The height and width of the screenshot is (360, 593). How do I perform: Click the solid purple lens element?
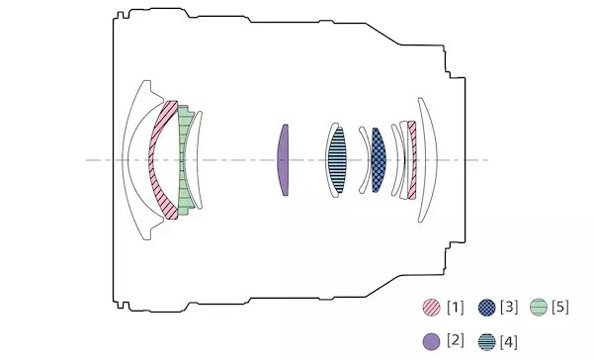point(283,160)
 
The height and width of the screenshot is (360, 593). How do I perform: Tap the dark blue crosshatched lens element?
point(379,160)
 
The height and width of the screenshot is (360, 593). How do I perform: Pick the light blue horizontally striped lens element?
point(337,160)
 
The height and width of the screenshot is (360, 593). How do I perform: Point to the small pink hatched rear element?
point(412,160)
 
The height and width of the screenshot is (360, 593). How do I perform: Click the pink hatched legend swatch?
point(432,307)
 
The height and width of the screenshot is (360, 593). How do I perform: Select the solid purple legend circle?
point(432,342)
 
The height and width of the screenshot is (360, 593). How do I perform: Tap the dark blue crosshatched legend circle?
point(486,307)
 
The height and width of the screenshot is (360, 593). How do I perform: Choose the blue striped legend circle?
point(486,342)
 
